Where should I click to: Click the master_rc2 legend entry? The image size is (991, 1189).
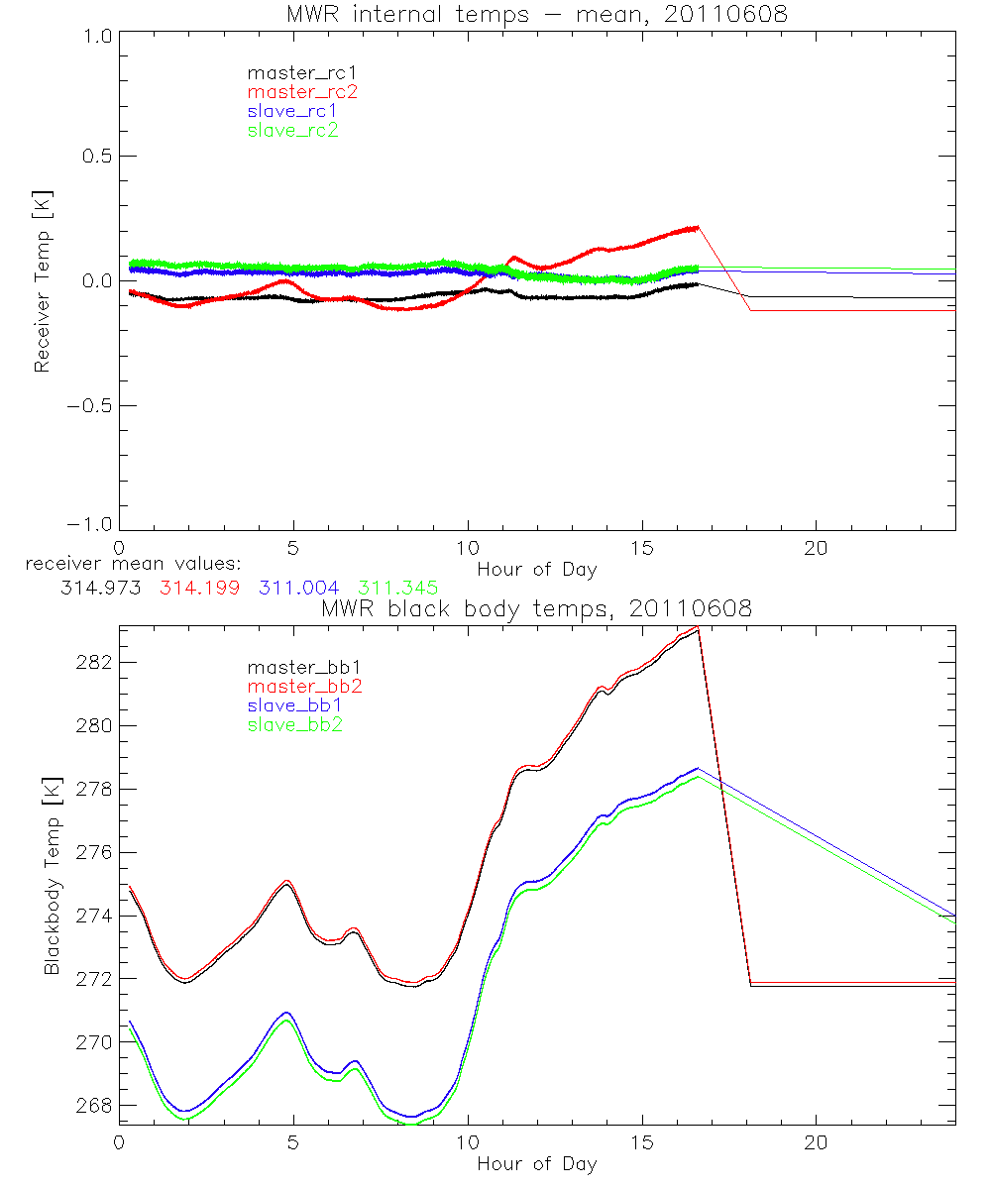click(x=301, y=92)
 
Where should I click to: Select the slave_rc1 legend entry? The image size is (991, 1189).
click(x=292, y=111)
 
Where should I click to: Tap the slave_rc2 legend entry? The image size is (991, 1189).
click(x=292, y=130)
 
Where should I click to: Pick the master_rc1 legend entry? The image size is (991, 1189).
click(x=301, y=73)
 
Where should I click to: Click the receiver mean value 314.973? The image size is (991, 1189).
click(x=100, y=588)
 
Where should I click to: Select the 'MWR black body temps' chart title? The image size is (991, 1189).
click(x=536, y=608)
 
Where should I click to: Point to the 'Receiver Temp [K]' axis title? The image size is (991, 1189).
click(x=42, y=281)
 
